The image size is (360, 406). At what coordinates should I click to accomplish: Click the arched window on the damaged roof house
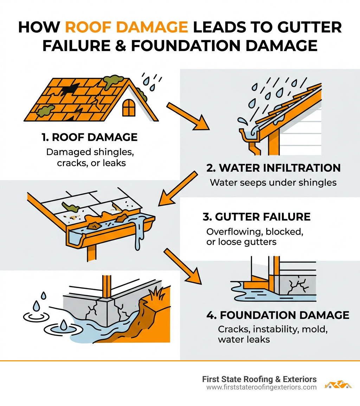pos(128,107)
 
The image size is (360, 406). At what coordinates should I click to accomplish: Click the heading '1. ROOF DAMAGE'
pos(89,137)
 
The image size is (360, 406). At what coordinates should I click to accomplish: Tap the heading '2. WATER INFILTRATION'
pos(274,168)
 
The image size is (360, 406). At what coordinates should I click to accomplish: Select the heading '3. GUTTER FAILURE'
pos(257,216)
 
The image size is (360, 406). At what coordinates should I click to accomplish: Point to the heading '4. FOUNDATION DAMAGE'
pos(278,315)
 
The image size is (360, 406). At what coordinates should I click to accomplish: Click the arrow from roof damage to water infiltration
pos(186,116)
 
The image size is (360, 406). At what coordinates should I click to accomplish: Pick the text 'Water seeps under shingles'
pos(273,183)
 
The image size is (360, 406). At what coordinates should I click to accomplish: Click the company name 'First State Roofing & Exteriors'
pos(259,379)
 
